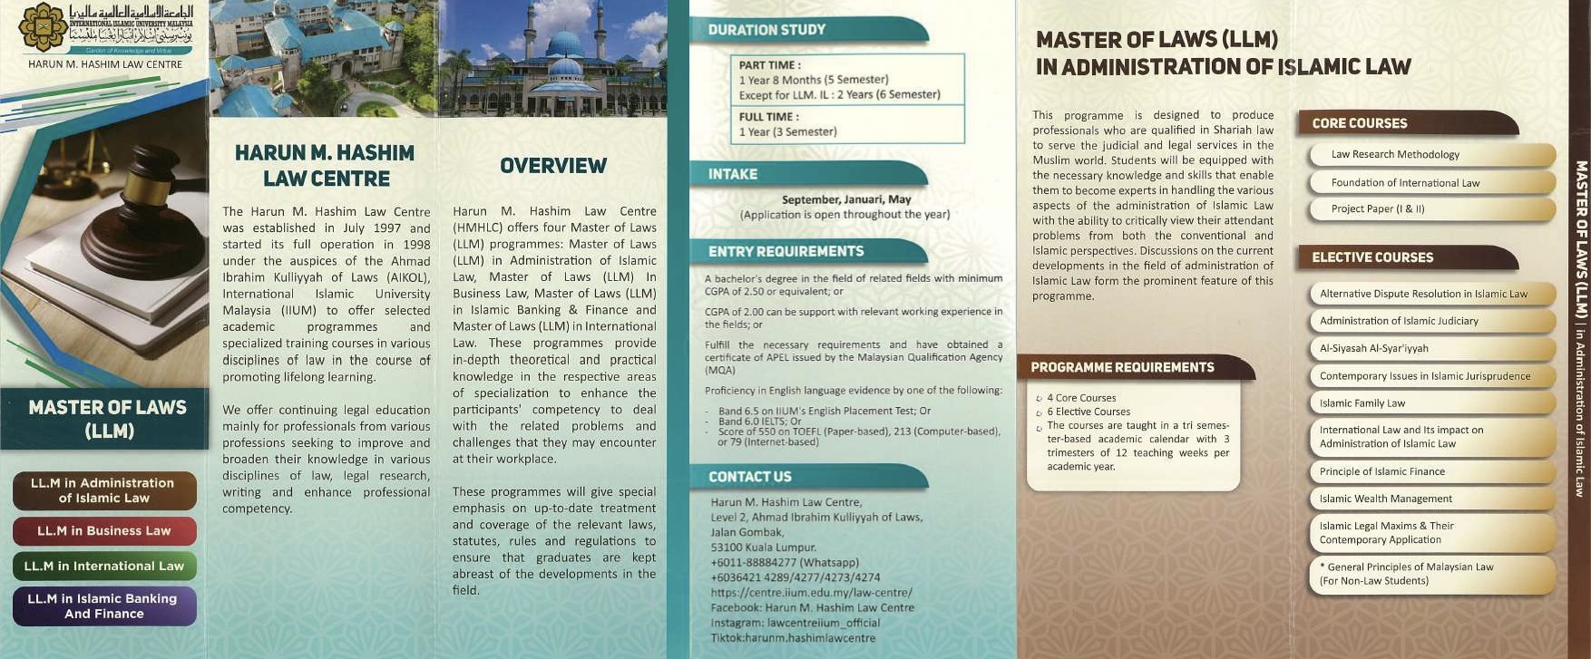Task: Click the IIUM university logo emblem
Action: point(43,27)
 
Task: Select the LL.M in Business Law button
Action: point(104,531)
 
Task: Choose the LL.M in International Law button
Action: point(104,566)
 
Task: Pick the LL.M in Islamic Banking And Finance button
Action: point(104,606)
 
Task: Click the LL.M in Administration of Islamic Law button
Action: point(104,490)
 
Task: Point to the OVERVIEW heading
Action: point(553,166)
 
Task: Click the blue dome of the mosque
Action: point(563,45)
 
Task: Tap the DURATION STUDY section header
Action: point(767,30)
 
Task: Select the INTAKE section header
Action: point(733,174)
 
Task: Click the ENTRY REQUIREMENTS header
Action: point(786,251)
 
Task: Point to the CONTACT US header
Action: point(749,477)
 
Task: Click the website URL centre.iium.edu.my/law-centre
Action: point(811,592)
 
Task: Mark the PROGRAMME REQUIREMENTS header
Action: point(1122,367)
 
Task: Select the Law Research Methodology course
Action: point(1395,155)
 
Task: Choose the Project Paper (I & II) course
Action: point(1378,209)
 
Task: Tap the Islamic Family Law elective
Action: point(1362,403)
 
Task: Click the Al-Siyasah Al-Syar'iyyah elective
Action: point(1374,348)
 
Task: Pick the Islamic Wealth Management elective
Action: point(1386,499)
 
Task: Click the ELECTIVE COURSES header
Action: point(1372,257)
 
